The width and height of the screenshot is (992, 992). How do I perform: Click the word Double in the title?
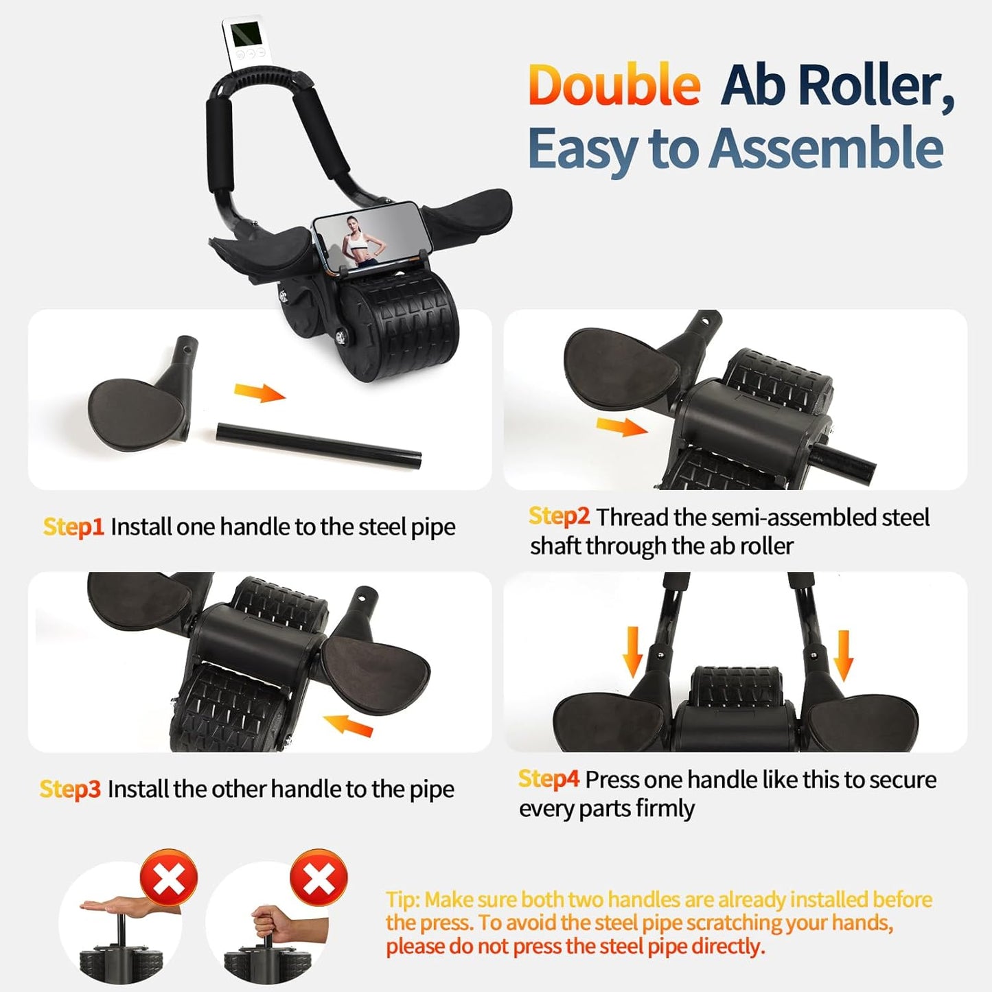[x=614, y=85]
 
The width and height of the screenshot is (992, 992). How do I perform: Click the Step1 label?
[x=73, y=527]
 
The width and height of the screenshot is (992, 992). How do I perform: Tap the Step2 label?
[x=559, y=516]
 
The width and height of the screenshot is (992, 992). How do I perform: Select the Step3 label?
[x=70, y=789]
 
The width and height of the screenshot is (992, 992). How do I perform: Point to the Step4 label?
[x=549, y=779]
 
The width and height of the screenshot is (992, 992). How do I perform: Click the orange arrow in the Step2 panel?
[x=621, y=427]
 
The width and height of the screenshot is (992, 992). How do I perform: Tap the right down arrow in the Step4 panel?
[x=843, y=655]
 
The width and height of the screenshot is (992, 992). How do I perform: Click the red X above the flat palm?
[x=169, y=879]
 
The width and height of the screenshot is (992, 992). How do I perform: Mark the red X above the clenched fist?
[x=319, y=878]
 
